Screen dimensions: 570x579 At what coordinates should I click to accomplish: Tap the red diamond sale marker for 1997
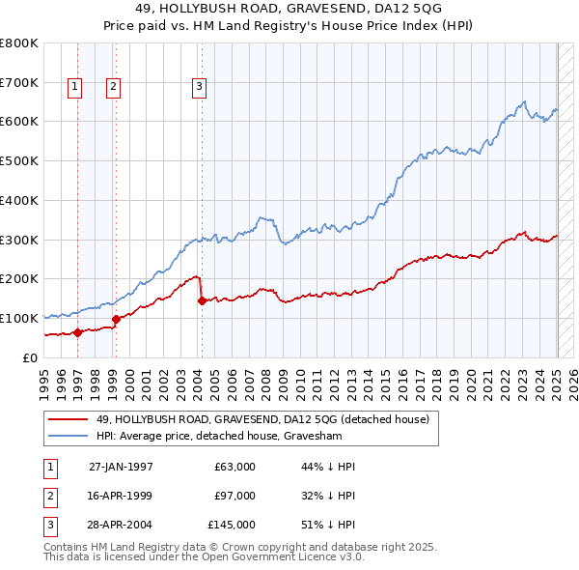tap(77, 332)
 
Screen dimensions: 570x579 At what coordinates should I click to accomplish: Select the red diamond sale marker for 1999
tap(116, 319)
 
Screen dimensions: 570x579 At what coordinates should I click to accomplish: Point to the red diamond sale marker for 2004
tap(202, 300)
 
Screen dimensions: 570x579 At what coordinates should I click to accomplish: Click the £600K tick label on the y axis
tap(19, 122)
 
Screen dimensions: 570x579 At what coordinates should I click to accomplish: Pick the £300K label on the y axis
tap(19, 240)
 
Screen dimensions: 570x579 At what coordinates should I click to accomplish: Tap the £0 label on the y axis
tap(30, 357)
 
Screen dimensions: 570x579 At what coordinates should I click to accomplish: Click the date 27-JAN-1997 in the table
tap(121, 467)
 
